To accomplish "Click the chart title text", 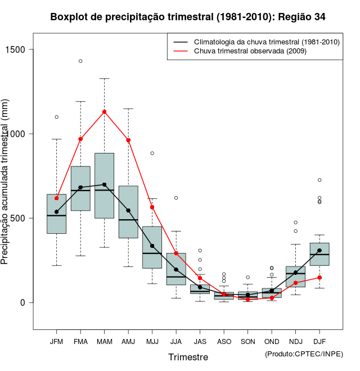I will (187, 17).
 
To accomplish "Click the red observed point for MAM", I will (105, 112).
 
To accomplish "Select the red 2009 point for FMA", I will (80, 139).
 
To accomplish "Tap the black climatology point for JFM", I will (56, 212).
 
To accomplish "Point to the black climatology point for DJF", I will (319, 251).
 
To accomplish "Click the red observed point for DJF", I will (319, 278).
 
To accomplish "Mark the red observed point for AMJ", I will (128, 140).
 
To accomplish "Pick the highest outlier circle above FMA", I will (80, 61).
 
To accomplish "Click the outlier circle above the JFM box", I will (56, 117).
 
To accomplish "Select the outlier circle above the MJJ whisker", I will (152, 153).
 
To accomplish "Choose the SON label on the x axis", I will (248, 341).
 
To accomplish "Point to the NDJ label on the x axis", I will (296, 341).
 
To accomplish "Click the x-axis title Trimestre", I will (188, 357).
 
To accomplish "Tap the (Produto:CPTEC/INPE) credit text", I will (304, 354).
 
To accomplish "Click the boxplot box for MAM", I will (105, 185).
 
